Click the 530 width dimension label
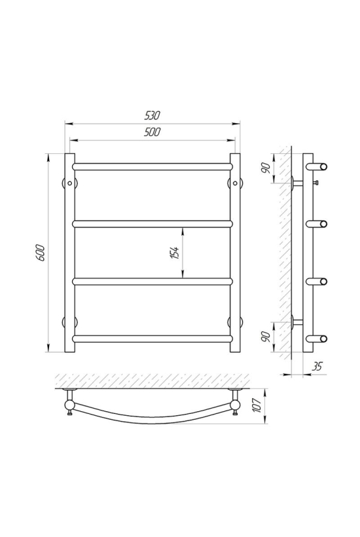pos(152,116)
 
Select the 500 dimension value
pos(152,132)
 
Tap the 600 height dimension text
pos(41,253)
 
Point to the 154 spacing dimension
pos(175,253)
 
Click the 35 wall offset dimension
pos(317,367)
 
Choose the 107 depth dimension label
pos(261,406)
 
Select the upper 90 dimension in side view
pos(268,168)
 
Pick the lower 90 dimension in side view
pos(268,337)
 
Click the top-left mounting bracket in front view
pos(69,183)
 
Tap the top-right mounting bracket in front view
pos(235,183)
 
